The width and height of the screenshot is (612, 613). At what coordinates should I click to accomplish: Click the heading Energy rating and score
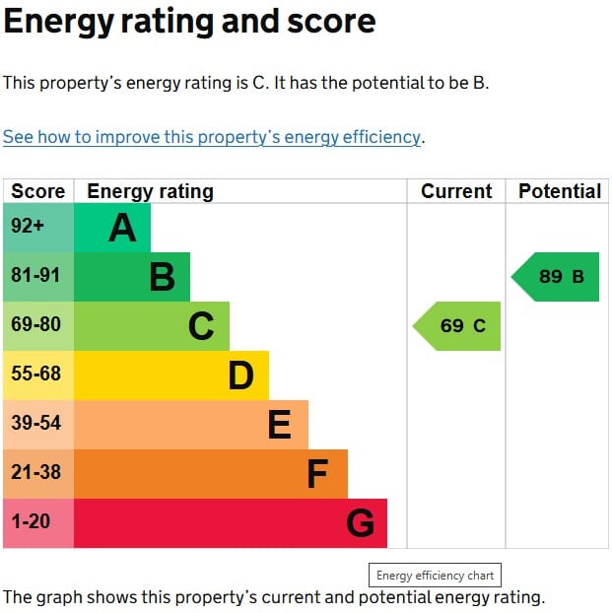(x=189, y=22)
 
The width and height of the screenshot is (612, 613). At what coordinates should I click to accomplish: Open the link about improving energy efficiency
(x=212, y=137)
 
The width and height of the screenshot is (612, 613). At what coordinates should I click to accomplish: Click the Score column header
(x=38, y=191)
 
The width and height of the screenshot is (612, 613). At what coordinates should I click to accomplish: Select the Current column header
(x=456, y=191)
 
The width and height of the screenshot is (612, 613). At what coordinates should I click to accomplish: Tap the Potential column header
(x=559, y=191)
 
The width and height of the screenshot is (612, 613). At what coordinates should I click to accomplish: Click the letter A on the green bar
(x=122, y=229)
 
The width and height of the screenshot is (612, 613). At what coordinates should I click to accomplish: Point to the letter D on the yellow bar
(x=240, y=375)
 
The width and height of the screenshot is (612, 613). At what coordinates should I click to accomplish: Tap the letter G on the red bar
(x=360, y=523)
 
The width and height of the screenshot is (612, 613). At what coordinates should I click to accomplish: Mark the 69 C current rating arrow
(x=459, y=326)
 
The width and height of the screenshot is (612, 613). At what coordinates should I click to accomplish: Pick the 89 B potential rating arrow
(x=558, y=277)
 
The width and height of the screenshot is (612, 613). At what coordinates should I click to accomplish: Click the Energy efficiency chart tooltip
(x=435, y=576)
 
